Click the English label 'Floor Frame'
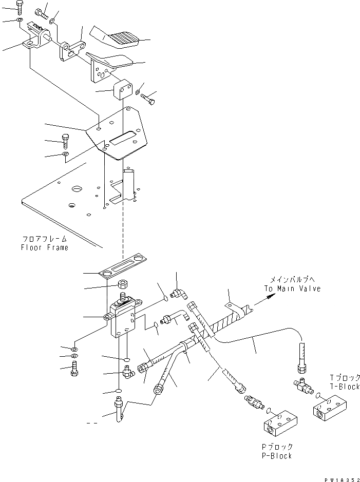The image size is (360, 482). tap(44, 247)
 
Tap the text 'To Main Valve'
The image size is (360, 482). tap(292, 288)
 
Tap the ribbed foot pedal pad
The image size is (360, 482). tap(120, 37)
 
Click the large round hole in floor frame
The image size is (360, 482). tap(78, 189)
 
